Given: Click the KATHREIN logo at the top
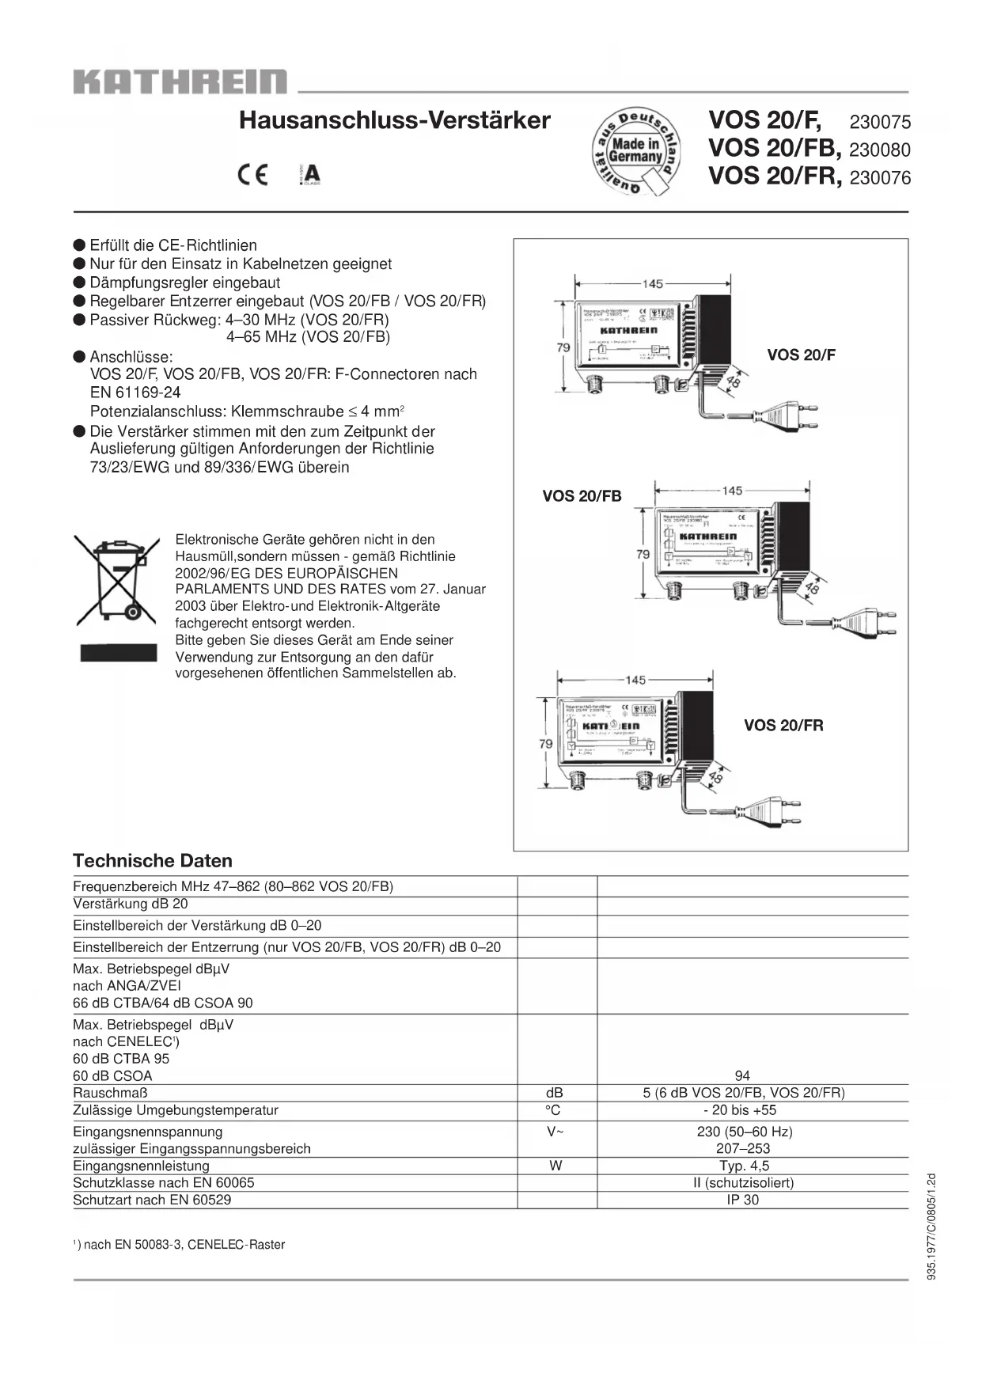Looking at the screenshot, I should pos(180,82).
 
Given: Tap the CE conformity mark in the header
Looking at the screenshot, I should pos(253,175).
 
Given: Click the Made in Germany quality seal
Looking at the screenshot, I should pos(636,150).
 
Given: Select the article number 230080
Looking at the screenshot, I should pos(880,150).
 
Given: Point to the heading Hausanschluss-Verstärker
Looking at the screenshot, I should pos(394,120).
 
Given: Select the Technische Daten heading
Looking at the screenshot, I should pos(153,861).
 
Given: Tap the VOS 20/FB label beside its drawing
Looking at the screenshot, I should pos(582,496).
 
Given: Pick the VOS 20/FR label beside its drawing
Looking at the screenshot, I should pos(783,726).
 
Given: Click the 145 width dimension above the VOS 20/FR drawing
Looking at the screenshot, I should pos(635,680).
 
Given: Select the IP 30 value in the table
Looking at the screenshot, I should pos(742,1200).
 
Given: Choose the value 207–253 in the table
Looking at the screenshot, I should pos(743,1148).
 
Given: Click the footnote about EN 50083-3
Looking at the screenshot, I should pos(180,1245).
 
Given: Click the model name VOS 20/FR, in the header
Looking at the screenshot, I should pos(775,176).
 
